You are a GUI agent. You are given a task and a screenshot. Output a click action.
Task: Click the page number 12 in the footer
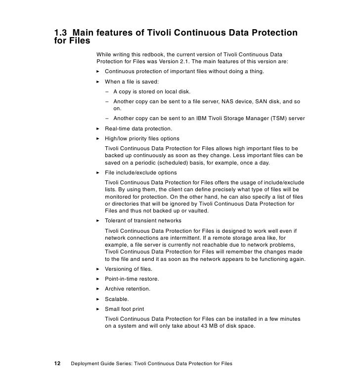tap(57, 364)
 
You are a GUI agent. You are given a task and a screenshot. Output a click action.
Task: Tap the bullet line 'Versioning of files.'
tap(128, 269)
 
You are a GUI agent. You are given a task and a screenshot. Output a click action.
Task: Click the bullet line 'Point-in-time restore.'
tap(132, 279)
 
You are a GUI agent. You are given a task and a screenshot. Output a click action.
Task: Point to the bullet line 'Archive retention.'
tap(127, 289)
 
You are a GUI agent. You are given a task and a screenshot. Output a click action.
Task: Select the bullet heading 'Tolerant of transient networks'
tap(143, 220)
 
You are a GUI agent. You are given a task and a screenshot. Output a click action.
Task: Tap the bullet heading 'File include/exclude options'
tap(140, 173)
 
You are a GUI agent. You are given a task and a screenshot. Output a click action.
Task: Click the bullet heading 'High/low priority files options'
tap(142, 138)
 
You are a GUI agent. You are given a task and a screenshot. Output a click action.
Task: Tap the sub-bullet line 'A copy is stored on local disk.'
tap(152, 91)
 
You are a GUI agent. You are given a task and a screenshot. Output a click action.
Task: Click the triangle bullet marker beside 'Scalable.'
tap(98, 299)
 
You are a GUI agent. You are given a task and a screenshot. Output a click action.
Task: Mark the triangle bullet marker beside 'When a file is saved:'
tap(98, 82)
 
